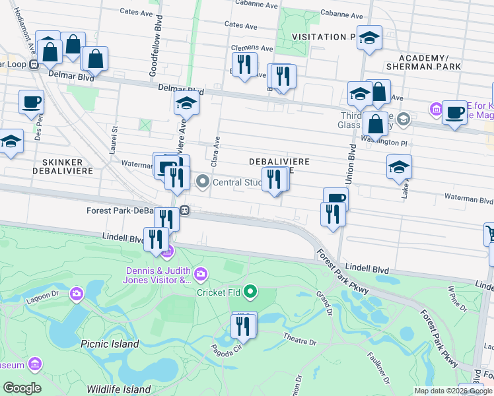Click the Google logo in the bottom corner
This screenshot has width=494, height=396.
[x=22, y=388]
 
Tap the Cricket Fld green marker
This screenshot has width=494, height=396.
[x=250, y=291]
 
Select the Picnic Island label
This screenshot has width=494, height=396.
[x=110, y=344]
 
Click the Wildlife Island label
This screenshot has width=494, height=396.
[x=118, y=389]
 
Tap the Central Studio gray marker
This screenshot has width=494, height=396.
[x=203, y=181]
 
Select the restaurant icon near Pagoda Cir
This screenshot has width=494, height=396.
[x=243, y=326]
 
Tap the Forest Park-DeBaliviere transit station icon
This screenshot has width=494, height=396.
[x=186, y=211]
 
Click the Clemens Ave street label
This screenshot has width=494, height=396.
[x=252, y=48]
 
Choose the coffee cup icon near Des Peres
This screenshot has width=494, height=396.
[x=31, y=102]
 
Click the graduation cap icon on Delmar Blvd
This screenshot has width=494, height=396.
[x=187, y=104]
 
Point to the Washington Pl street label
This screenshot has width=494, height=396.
[x=386, y=141]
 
